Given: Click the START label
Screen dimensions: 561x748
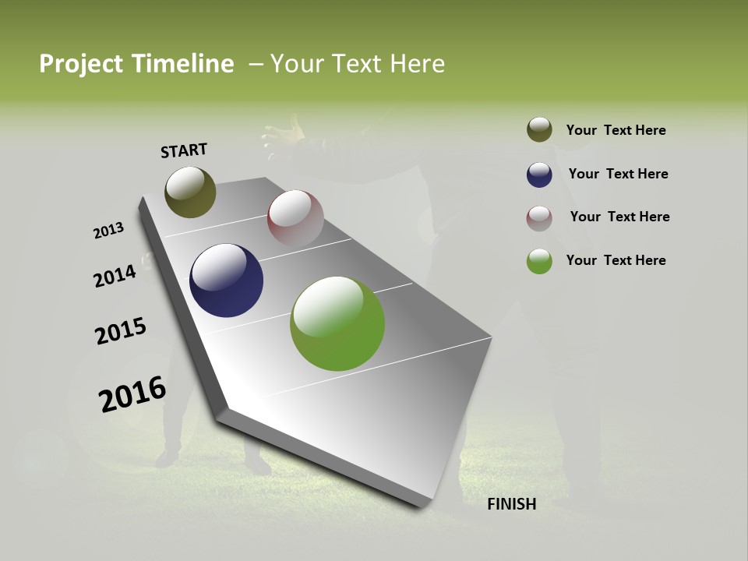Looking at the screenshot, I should click(184, 150).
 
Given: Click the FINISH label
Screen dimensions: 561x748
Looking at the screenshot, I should click(511, 504).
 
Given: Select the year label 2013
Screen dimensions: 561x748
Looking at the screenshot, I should click(109, 231).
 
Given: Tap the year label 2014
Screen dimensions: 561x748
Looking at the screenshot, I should click(115, 276).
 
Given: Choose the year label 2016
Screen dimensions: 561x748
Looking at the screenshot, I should click(132, 394).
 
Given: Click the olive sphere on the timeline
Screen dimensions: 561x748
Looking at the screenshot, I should click(190, 192).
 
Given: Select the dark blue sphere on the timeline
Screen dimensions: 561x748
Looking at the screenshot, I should click(226, 280).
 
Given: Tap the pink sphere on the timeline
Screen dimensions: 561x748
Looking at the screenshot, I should click(295, 217).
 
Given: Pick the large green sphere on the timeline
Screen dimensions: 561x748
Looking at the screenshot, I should click(337, 323).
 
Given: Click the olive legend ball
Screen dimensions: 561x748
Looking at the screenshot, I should click(539, 130).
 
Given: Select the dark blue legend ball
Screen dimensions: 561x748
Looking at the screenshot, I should click(539, 174).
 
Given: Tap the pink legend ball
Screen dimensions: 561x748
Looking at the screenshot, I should click(539, 217).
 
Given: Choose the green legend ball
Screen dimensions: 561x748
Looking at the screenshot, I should click(539, 261).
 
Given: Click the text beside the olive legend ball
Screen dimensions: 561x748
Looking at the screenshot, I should click(616, 130).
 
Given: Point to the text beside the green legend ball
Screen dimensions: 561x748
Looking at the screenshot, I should click(616, 260).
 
